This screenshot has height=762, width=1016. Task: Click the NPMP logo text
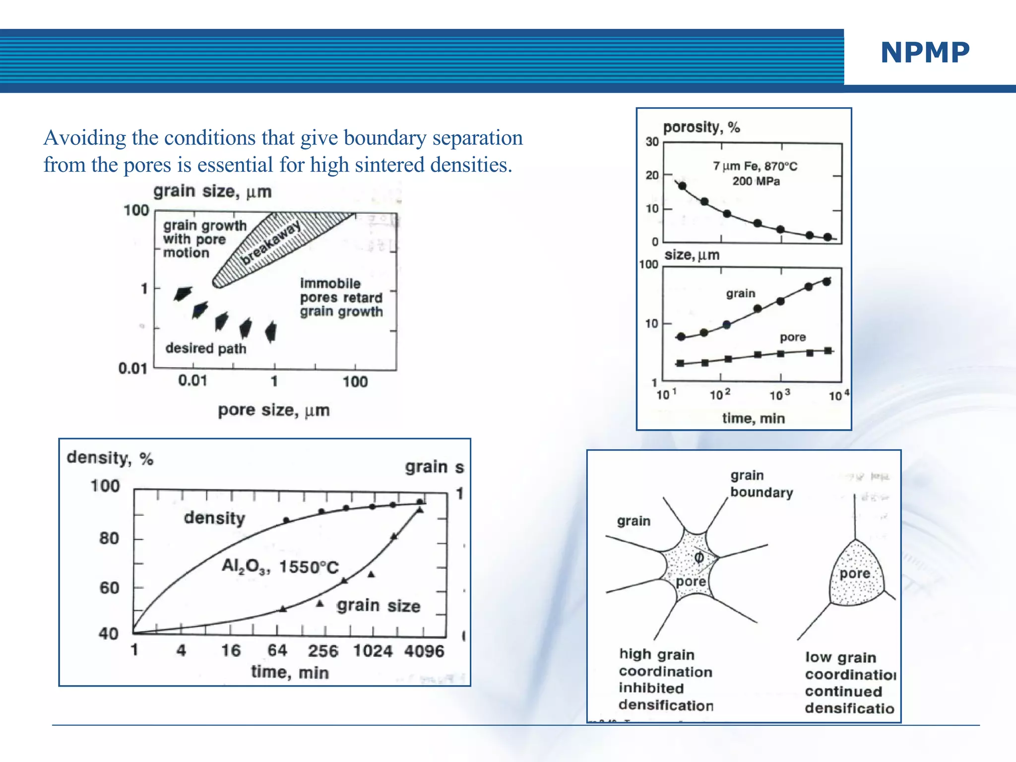[x=925, y=53]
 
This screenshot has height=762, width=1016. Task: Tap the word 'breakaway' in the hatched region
[x=270, y=243]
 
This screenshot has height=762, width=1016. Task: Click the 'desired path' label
[x=206, y=348]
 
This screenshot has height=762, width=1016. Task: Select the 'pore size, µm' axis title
[x=274, y=410]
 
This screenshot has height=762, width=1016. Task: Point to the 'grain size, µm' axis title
[x=212, y=191]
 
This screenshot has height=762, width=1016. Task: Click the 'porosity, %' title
[x=701, y=127]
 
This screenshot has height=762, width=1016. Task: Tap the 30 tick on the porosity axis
[x=652, y=142]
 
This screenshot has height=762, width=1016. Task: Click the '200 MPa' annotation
[x=756, y=181]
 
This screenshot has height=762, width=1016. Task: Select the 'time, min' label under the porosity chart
[x=753, y=418]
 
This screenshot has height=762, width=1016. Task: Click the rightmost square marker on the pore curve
[x=828, y=351]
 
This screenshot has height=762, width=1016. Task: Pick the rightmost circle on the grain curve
[x=826, y=282]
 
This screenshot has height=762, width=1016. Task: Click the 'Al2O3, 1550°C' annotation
[x=280, y=566]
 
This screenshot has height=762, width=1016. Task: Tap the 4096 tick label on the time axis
[x=424, y=651]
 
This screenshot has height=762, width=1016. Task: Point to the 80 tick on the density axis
[x=109, y=538]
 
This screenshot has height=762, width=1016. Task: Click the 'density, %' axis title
[x=110, y=458]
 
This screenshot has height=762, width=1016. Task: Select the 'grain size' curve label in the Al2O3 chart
[x=379, y=606]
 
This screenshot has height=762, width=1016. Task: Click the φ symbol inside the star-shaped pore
[x=698, y=558]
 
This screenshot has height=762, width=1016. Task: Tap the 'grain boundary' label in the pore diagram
[x=761, y=484]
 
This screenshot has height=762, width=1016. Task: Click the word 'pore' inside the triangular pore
[x=855, y=573]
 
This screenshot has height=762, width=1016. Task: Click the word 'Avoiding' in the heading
[x=84, y=138]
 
